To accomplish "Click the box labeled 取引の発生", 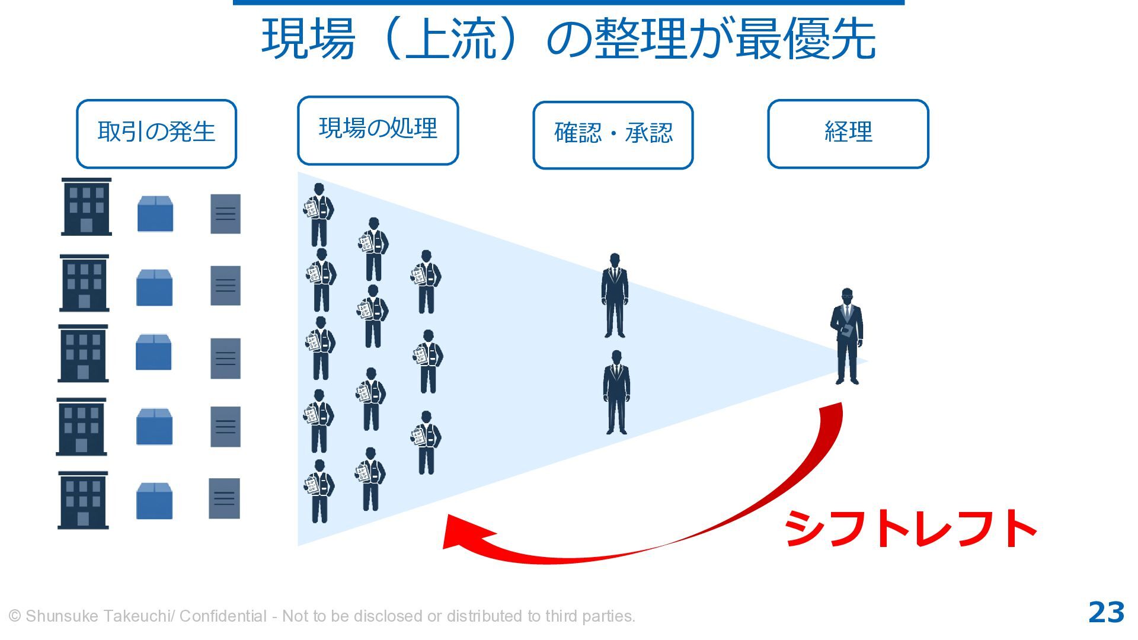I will [156, 133].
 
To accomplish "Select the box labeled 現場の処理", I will [378, 130].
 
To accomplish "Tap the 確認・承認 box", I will [613, 135].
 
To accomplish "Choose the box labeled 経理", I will [848, 133].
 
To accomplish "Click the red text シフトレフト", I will [910, 529].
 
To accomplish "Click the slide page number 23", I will [1106, 613].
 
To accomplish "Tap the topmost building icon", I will [87, 207].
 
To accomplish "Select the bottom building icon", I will [83, 500].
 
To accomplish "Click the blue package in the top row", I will [155, 213].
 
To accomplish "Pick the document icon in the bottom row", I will [225, 498].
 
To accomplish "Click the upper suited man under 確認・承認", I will [615, 296].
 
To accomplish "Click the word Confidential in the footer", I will [223, 616].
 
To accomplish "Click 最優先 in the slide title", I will [805, 39].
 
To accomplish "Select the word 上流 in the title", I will [451, 39].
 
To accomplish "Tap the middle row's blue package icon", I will [154, 352].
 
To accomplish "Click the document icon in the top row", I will [226, 214].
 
